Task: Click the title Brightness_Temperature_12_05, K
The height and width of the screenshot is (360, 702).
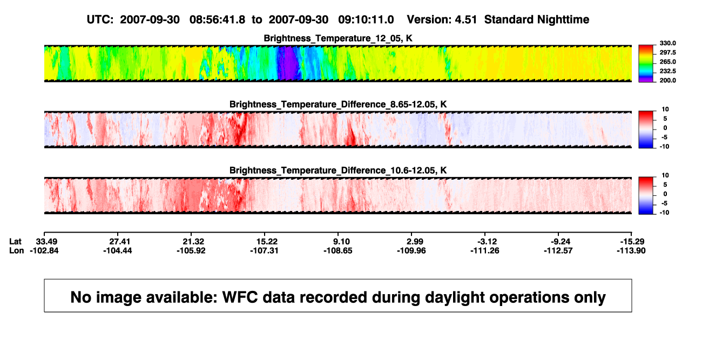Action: pos(338,38)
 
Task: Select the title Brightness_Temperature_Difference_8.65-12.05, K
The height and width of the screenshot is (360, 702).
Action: pos(338,104)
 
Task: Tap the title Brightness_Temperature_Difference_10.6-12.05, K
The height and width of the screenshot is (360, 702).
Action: pos(338,171)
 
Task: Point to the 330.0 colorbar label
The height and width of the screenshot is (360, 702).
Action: pos(667,43)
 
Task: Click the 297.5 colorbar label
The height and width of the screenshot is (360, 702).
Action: pos(667,53)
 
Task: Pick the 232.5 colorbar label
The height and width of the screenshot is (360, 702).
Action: pos(667,71)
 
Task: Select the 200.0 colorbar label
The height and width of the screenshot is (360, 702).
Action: pos(667,80)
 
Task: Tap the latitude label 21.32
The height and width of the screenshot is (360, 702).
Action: pos(193,242)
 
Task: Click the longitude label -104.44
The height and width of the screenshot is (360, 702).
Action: pos(118,251)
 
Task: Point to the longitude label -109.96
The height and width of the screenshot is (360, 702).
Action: pos(411,251)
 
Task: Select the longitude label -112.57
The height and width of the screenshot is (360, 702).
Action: pos(558,251)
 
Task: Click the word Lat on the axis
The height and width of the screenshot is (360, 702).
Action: pos(15,242)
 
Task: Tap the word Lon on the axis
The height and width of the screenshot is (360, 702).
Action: pos(17,251)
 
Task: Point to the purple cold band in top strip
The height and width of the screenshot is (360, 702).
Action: pos(288,63)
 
